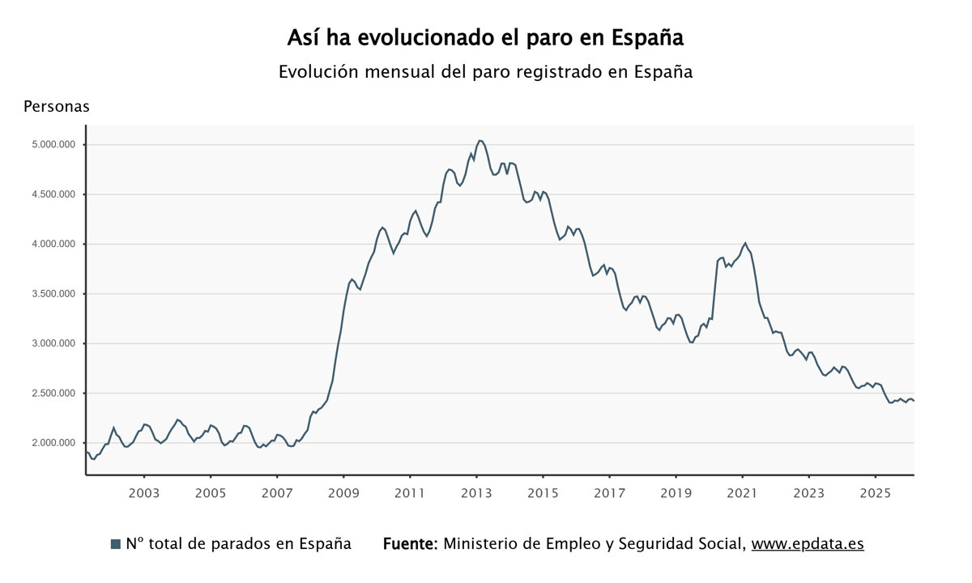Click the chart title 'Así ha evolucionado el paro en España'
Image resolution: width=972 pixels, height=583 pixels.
[x=485, y=38]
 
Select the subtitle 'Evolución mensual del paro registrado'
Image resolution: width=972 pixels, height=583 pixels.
[x=485, y=71]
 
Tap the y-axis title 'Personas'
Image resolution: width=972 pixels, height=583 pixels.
[x=57, y=106]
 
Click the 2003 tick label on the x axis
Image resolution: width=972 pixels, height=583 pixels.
[x=144, y=493]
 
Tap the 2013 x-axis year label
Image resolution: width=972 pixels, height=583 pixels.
[x=476, y=493]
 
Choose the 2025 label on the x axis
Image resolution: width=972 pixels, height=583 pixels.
[x=875, y=493]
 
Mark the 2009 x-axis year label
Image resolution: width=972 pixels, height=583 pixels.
[x=343, y=493]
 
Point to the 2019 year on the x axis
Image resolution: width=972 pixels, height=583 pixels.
[x=676, y=493]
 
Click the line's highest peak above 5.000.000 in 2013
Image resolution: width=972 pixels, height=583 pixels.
[x=480, y=141]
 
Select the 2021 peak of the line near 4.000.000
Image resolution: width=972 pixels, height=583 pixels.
[x=745, y=243]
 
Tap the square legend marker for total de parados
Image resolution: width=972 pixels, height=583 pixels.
[x=115, y=544]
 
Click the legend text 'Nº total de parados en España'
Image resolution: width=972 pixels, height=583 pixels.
[x=238, y=544]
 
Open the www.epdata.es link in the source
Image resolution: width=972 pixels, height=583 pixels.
[x=808, y=544]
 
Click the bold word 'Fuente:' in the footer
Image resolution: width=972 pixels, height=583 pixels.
[x=410, y=544]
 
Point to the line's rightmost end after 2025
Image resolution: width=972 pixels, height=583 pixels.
[x=914, y=401]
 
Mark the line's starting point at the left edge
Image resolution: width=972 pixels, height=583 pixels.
[x=87, y=452]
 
